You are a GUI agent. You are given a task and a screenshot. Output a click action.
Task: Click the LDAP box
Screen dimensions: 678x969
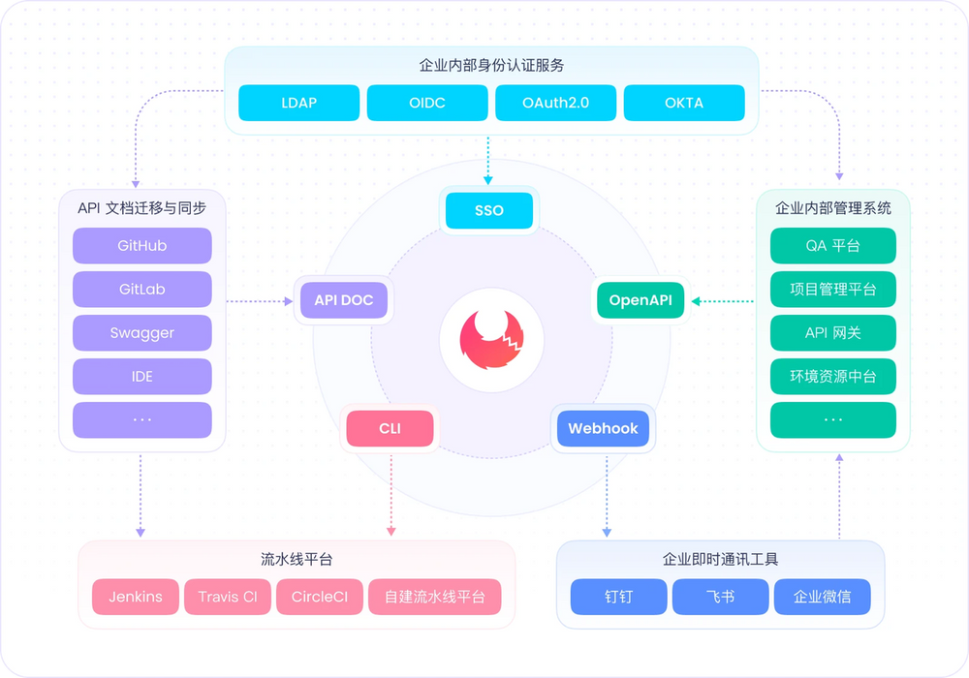[x=299, y=103]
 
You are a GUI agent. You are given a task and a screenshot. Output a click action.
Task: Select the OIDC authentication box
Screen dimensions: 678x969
[x=427, y=103]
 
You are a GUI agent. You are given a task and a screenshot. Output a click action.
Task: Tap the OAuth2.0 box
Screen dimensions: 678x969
[x=555, y=103]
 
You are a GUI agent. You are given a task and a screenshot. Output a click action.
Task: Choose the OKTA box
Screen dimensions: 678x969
[x=684, y=103]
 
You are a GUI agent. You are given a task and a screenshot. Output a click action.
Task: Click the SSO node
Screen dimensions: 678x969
[x=489, y=210]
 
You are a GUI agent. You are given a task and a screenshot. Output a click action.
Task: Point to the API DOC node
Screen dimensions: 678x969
[x=344, y=300]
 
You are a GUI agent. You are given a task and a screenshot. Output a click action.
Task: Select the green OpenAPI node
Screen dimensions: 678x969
[x=640, y=300]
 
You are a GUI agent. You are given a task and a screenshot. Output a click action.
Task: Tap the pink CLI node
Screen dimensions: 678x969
[x=390, y=428]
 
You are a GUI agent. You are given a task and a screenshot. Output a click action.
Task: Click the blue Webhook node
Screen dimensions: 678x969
[x=603, y=428]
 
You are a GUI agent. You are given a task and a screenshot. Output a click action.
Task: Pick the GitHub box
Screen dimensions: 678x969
[x=142, y=246]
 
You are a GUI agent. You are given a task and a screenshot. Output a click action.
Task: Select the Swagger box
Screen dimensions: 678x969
[x=142, y=333]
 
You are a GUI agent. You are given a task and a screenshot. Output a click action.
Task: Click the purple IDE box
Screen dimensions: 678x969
[x=142, y=377]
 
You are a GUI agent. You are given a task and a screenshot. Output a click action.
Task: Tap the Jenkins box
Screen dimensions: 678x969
[x=136, y=597]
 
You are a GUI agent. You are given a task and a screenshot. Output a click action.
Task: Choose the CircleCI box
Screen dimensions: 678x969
[x=319, y=597]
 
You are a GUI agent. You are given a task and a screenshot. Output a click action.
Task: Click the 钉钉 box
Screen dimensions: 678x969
[x=618, y=597]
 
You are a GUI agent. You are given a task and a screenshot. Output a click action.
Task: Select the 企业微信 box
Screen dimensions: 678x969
[x=822, y=597]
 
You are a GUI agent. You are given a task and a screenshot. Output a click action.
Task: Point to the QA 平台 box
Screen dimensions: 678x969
[x=833, y=246]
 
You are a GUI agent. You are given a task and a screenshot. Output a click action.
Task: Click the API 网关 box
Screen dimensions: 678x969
[x=833, y=333]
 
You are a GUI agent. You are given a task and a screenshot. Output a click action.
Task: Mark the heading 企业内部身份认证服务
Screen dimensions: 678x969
[x=491, y=66]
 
